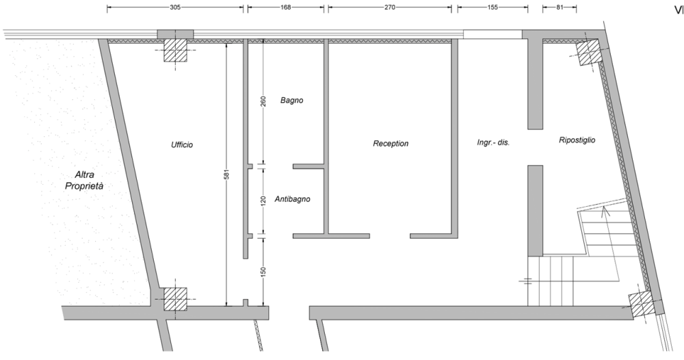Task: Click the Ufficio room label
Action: (182, 145)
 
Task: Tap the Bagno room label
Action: (292, 101)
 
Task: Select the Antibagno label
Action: (292, 199)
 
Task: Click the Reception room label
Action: (391, 144)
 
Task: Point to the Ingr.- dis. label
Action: (493, 142)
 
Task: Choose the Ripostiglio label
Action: (577, 140)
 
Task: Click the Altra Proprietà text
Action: (85, 180)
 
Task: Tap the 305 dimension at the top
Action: (175, 8)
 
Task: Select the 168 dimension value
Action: (286, 8)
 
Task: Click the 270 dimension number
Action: (390, 8)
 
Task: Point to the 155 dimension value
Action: (492, 8)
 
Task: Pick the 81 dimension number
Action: (560, 8)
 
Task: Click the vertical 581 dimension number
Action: (226, 174)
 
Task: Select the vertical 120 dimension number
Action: (263, 201)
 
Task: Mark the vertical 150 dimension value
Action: (263, 272)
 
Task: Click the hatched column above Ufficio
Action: (175, 50)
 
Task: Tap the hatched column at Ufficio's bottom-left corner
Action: (175, 299)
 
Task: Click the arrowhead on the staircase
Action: (604, 211)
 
